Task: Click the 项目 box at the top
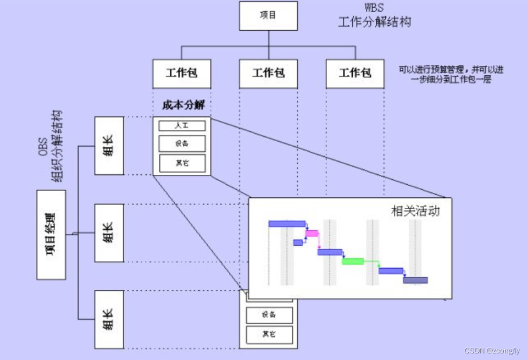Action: tap(268, 15)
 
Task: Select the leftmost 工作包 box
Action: tap(181, 73)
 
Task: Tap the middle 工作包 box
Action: tap(268, 73)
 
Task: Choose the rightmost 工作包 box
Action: tap(354, 73)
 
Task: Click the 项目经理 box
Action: tap(51, 234)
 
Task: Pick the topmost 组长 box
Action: tap(109, 146)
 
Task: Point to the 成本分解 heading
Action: tap(184, 104)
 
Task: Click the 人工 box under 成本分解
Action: tap(182, 126)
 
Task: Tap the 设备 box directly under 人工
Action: tap(182, 143)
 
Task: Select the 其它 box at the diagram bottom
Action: tap(269, 334)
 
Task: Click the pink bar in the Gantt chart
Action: tap(312, 234)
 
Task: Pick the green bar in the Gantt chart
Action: tap(353, 261)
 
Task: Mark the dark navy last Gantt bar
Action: tap(415, 280)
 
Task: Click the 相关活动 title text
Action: tap(415, 211)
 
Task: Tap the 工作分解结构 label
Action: tap(375, 22)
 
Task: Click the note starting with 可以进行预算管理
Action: tap(452, 74)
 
